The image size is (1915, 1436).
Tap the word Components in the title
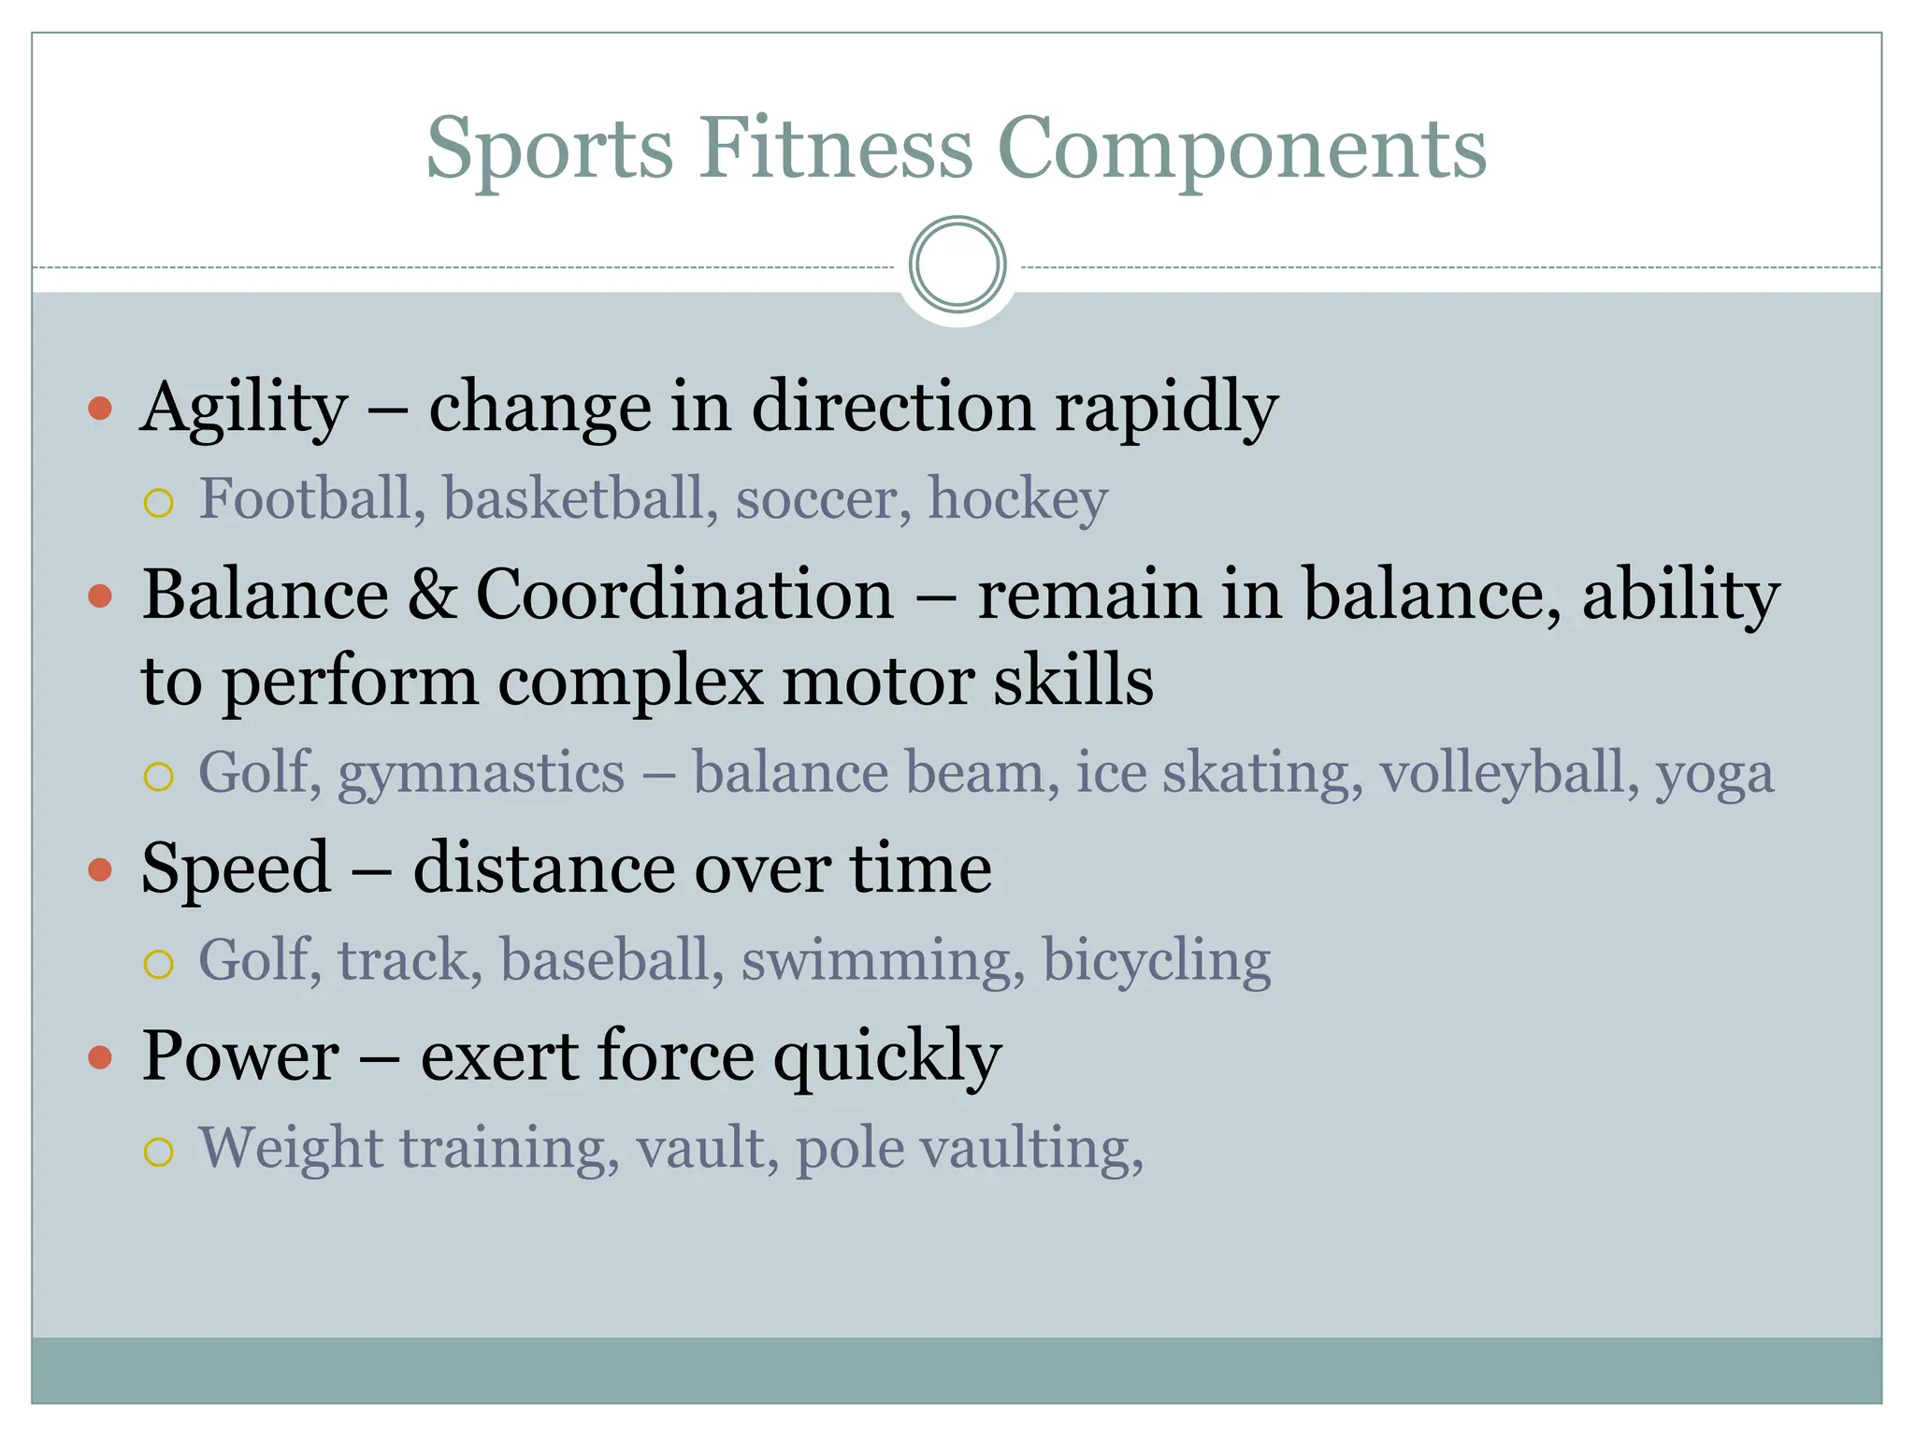1242,150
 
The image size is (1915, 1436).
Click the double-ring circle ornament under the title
957,265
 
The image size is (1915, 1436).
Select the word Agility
244,409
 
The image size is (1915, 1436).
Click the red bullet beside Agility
100,409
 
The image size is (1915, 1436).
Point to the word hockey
1017,498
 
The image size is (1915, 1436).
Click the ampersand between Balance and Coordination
432,595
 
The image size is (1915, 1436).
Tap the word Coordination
684,595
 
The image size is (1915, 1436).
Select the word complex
630,681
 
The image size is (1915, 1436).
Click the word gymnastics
481,774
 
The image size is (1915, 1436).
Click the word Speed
237,869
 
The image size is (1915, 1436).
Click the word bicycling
1157,961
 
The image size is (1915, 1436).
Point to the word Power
240,1056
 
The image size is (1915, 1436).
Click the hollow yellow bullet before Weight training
159,1152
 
